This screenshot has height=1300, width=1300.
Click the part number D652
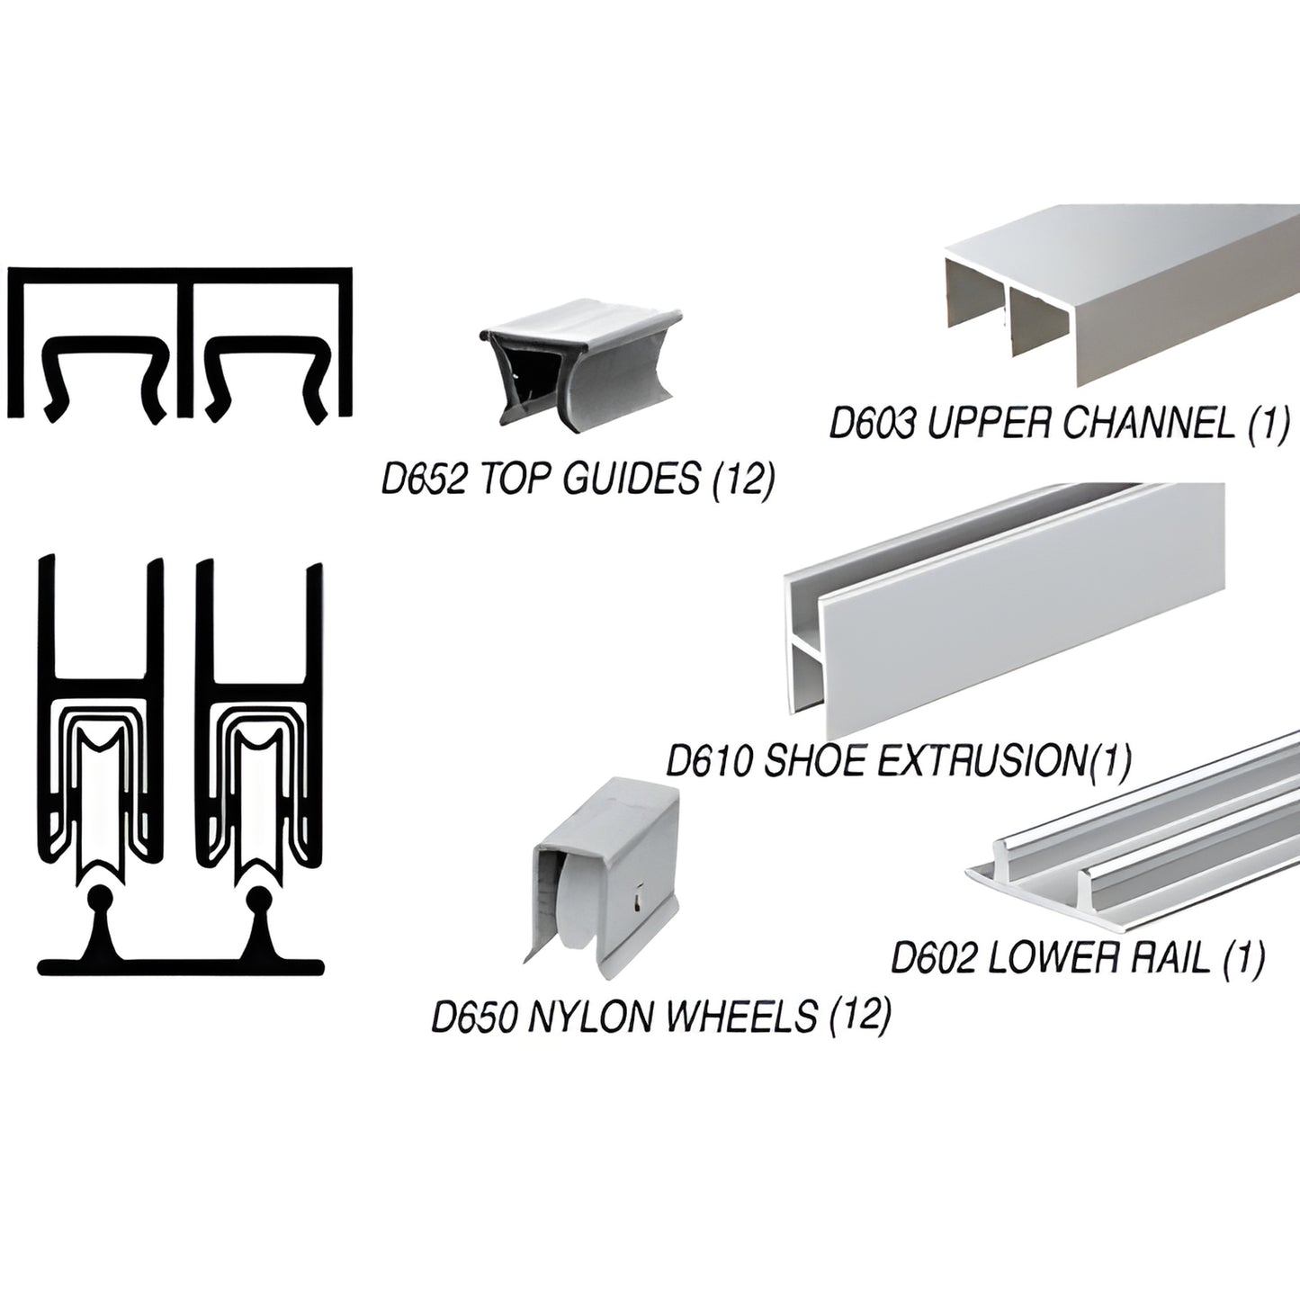(423, 480)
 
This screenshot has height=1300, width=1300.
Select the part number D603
(872, 424)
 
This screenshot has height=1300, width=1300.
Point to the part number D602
(933, 958)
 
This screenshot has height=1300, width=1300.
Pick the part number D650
(474, 1017)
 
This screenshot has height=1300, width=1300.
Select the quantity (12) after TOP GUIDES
(742, 480)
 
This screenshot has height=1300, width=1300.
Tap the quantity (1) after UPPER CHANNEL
(1269, 424)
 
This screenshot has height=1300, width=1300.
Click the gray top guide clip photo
(578, 363)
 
